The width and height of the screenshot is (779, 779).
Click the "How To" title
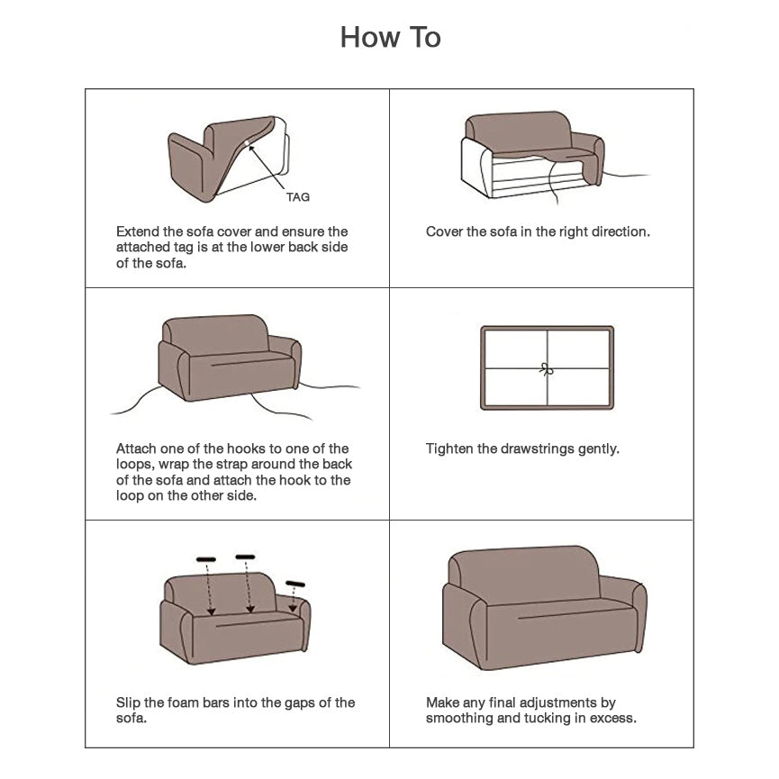[391, 37]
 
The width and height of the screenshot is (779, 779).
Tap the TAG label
[297, 197]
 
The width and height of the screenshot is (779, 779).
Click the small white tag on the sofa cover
[247, 143]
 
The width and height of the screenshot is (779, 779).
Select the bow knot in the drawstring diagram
[547, 369]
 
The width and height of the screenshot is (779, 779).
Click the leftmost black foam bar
[205, 559]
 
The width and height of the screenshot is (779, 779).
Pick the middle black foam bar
[245, 557]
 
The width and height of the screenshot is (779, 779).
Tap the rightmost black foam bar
[295, 584]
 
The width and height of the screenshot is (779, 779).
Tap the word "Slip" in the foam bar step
[128, 703]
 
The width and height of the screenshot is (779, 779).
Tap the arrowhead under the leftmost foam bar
[211, 611]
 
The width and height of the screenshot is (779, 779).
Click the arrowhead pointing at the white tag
[252, 148]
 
